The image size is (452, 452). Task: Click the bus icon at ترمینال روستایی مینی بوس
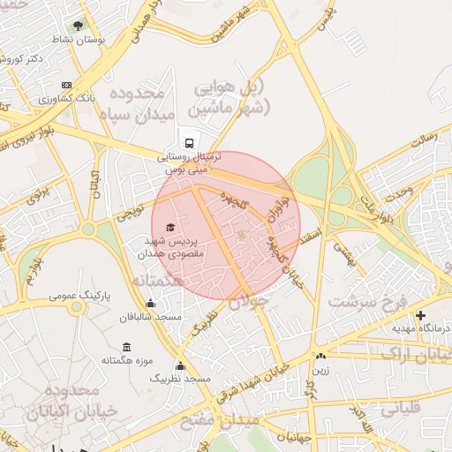[x=189, y=142]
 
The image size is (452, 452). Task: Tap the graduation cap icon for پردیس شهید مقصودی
[x=170, y=228]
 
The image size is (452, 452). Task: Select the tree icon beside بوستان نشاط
[x=79, y=26]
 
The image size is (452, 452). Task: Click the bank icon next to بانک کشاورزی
[x=66, y=85]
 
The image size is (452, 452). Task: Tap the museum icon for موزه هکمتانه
[x=127, y=346]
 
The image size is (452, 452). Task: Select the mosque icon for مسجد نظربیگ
[x=181, y=365]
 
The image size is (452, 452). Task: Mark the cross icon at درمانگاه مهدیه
[x=420, y=315]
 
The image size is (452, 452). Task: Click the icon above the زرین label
[x=319, y=357]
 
